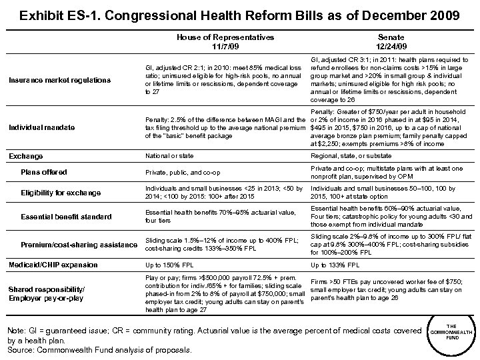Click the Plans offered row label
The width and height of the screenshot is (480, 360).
point(44,172)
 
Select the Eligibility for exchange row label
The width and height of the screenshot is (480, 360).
point(61,193)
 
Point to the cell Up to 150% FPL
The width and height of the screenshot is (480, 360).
point(167,265)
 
